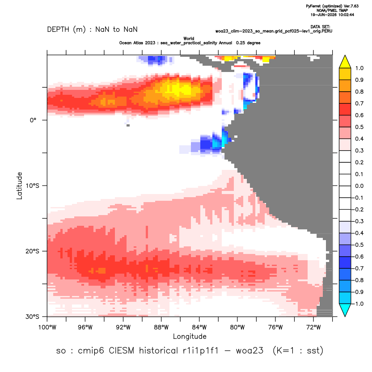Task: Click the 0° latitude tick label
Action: click(x=33, y=120)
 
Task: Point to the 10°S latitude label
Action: click(x=32, y=186)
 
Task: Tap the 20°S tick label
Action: click(x=32, y=251)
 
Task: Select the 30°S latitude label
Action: click(x=32, y=317)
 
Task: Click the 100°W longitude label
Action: click(x=47, y=327)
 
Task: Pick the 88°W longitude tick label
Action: click(x=161, y=327)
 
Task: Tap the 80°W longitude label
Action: click(x=237, y=327)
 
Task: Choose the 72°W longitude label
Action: click(x=313, y=327)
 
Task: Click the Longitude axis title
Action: click(x=190, y=336)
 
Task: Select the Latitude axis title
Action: click(x=19, y=186)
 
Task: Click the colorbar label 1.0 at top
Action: click(x=359, y=68)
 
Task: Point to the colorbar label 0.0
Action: click(x=359, y=186)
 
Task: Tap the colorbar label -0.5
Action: click(x=358, y=245)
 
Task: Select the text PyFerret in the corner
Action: click(x=313, y=6)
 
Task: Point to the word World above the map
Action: click(x=189, y=38)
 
